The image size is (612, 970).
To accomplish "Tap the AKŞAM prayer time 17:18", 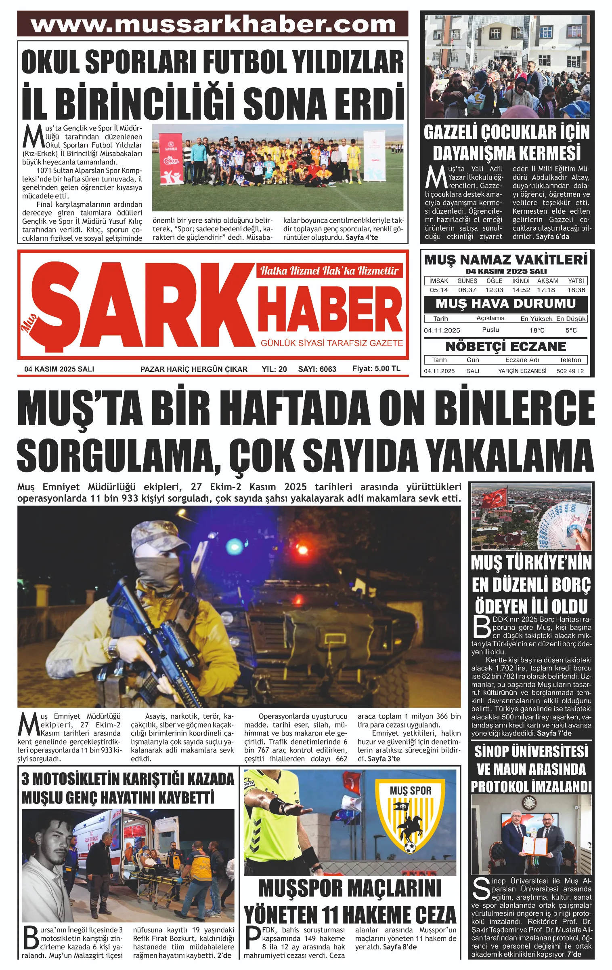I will pos(546,290).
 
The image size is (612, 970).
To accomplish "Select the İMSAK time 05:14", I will pos(439,290).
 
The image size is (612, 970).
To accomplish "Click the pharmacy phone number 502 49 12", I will pos(570,371).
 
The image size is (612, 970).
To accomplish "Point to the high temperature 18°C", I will pos(537,330).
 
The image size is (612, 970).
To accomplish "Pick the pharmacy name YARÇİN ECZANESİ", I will pos(522,371).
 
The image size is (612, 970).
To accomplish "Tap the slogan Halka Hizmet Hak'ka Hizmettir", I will pos(329,270).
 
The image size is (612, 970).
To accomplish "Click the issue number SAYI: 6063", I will pos(317,369).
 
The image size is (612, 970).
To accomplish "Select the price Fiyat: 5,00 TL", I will pos(376,369).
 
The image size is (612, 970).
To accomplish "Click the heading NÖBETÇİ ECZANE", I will pos(505,347).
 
